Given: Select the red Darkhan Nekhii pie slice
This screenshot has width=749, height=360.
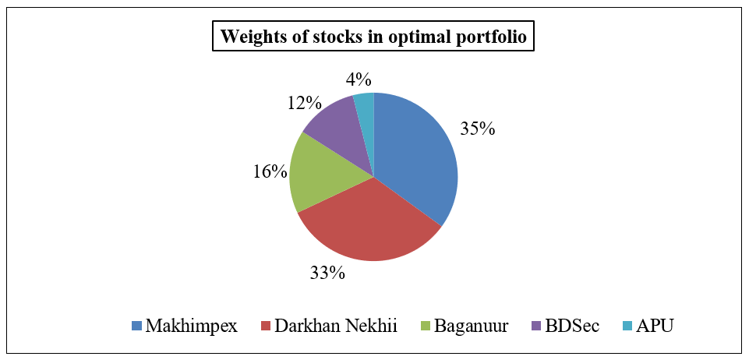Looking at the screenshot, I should [366, 226].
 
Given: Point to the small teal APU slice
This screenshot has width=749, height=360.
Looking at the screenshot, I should [365, 105].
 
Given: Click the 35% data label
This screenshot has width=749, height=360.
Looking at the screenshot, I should [477, 129].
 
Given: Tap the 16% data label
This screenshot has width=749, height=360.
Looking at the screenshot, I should [270, 171].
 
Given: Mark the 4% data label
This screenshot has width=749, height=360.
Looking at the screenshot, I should [359, 79].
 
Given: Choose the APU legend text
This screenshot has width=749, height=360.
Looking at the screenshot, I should [654, 326].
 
